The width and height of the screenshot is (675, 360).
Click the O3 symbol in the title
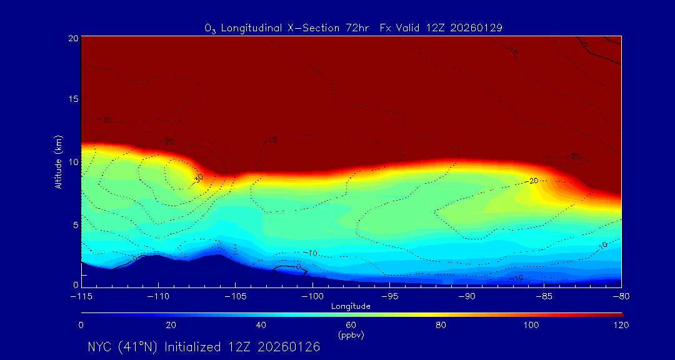pos(209,28)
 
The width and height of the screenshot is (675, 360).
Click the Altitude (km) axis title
pos(58,162)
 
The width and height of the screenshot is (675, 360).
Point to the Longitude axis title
pos(351,306)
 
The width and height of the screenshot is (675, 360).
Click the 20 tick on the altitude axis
pos(72,38)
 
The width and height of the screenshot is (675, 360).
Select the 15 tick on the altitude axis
pos(72,99)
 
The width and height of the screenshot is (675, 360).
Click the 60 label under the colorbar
pos(351,325)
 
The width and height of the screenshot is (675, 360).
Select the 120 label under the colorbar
pos(621,325)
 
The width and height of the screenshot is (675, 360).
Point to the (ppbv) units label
pos(351,335)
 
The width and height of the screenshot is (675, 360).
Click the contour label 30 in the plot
pos(199,178)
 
